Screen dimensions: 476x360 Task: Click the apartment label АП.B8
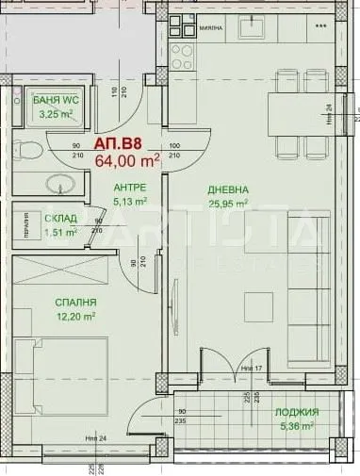118,144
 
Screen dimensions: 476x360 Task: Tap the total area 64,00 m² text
126,160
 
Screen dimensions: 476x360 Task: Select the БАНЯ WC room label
55,100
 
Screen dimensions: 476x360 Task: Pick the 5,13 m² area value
128,201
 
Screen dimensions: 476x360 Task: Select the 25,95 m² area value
228,203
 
